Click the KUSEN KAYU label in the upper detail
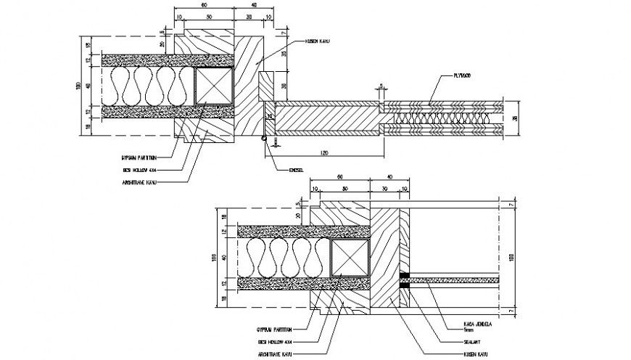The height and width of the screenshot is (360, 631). coord(318,42)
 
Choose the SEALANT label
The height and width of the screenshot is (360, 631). coord(471,340)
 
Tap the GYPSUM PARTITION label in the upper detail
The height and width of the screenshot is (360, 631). coord(139,156)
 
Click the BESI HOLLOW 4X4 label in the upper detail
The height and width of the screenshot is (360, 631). coord(142,169)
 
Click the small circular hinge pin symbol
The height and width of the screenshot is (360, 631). coord(265,138)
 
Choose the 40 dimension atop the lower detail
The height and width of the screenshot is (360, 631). coord(391,176)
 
